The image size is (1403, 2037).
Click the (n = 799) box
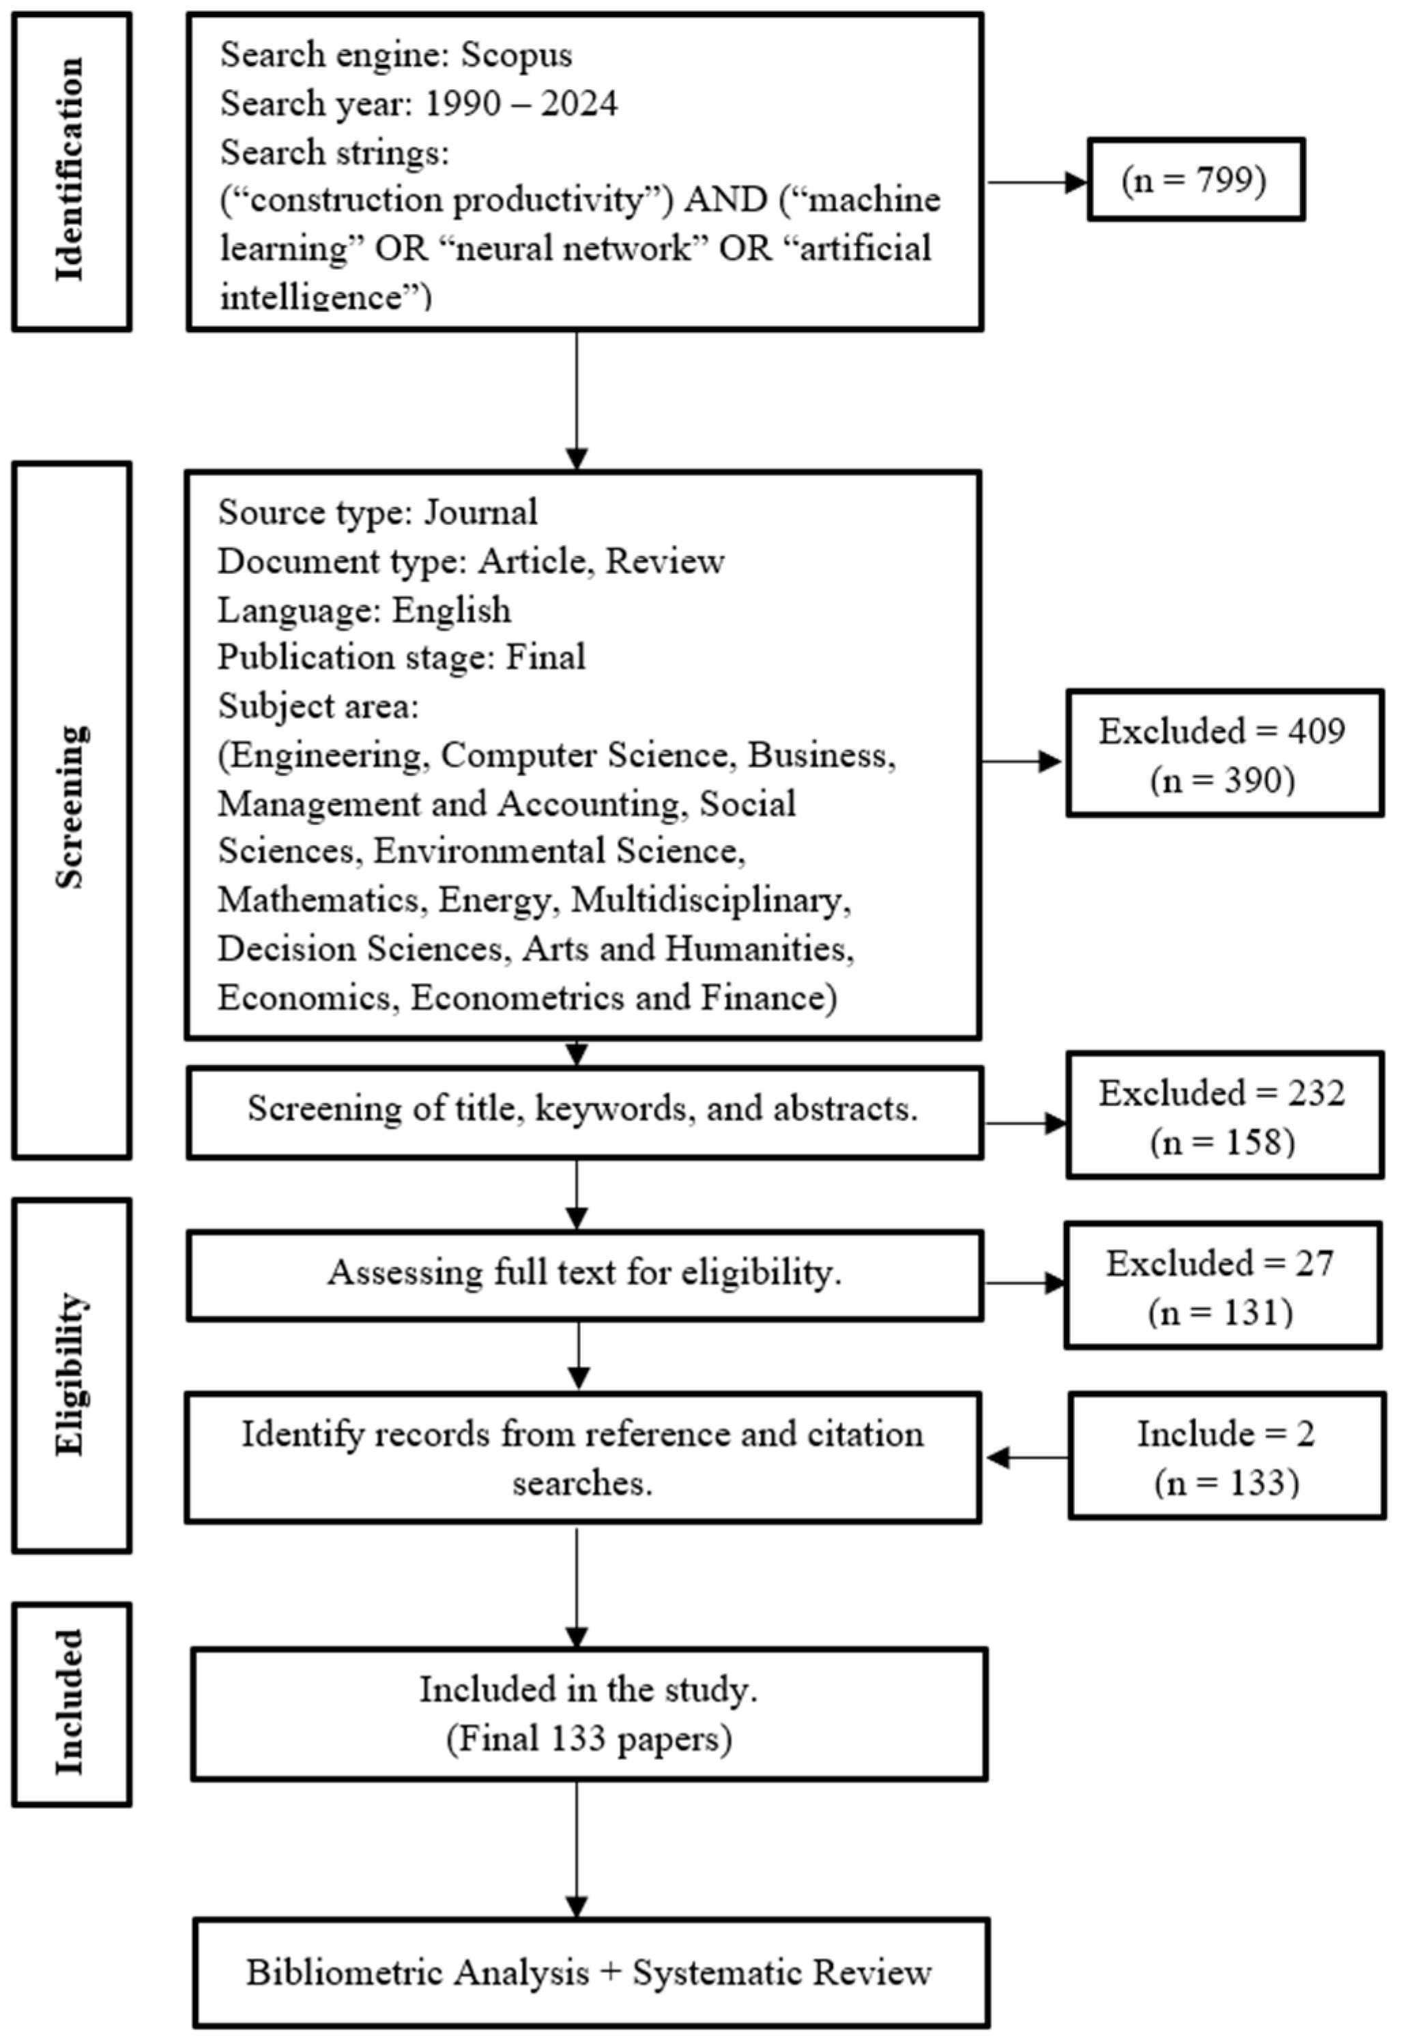pos(1195,179)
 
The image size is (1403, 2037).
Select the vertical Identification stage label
pos(70,171)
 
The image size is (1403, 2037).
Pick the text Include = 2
pos(1226,1434)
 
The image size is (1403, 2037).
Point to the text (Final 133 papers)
pos(589,1738)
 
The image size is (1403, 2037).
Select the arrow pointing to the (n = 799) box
pos(1037,183)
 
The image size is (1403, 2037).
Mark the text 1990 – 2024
pos(521,104)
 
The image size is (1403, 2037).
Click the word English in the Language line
pos(451,610)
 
